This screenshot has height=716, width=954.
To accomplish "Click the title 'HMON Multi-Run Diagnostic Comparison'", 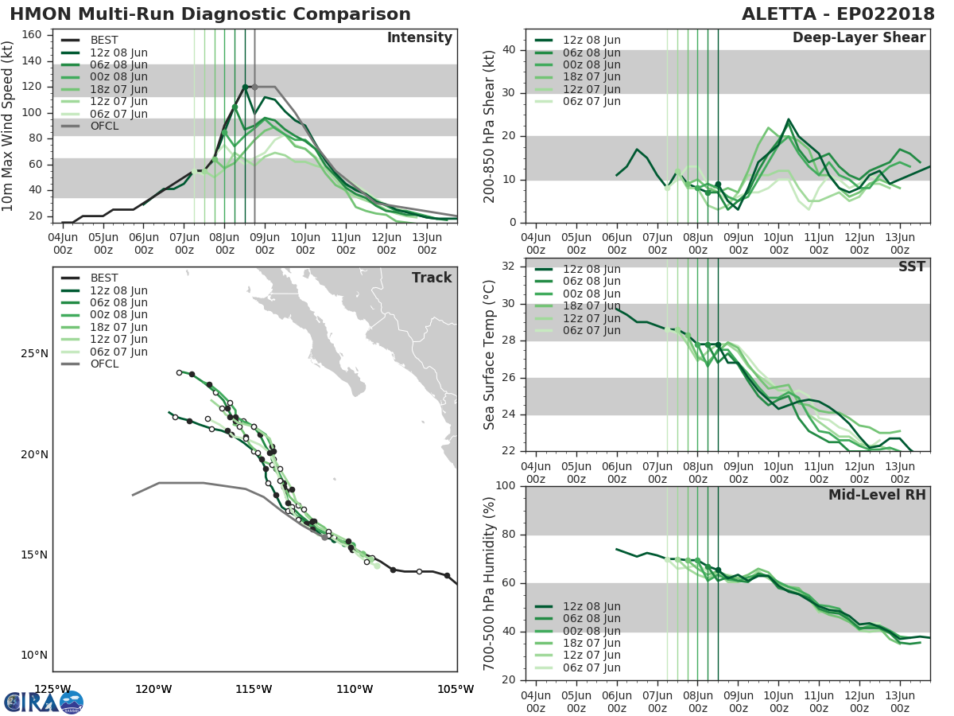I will (x=210, y=14).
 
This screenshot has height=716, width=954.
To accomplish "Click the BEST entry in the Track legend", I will (x=104, y=278).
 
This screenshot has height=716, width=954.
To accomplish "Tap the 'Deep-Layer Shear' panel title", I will (x=859, y=38).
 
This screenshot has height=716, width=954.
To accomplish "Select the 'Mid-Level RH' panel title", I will (x=877, y=495).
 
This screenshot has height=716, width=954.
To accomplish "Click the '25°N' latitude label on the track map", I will (x=33, y=354).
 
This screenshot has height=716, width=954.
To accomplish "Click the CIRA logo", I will (x=43, y=702).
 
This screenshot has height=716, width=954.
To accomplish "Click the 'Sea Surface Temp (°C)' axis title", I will (x=490, y=355).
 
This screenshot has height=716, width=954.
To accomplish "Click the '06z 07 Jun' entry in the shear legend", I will (x=591, y=101).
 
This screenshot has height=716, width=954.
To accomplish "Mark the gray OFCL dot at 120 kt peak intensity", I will (x=254, y=87).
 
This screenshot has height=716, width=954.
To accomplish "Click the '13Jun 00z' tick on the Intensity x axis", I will (x=427, y=243).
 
